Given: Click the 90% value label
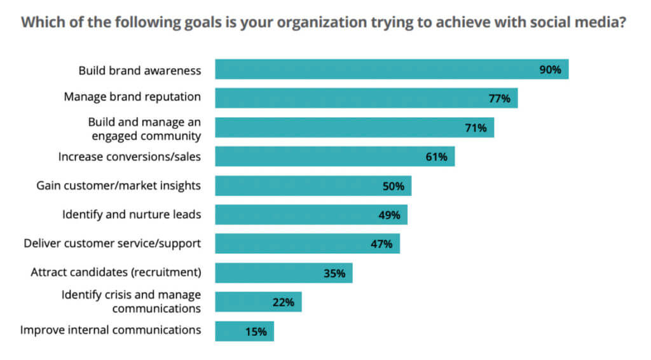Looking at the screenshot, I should pyautogui.click(x=550, y=70).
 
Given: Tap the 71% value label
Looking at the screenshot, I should pyautogui.click(x=476, y=128).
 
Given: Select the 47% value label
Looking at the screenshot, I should pyautogui.click(x=381, y=244).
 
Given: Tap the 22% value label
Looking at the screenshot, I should pyautogui.click(x=284, y=302).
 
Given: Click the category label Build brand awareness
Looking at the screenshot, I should pyautogui.click(x=140, y=70).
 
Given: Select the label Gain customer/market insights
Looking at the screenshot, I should pyautogui.click(x=119, y=186).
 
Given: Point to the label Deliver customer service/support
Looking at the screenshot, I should pyautogui.click(x=113, y=244).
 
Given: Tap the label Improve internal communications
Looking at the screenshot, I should pyautogui.click(x=111, y=330).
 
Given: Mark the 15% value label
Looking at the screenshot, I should pyautogui.click(x=256, y=331).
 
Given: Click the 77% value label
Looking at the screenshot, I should pyautogui.click(x=499, y=99).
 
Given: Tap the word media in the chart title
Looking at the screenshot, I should pyautogui.click(x=600, y=23).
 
